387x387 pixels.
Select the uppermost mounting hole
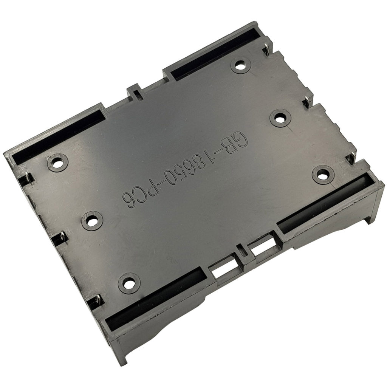241,66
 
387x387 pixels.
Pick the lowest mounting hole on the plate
129,283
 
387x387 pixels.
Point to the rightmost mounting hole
323,175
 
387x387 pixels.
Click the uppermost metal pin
266,49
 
